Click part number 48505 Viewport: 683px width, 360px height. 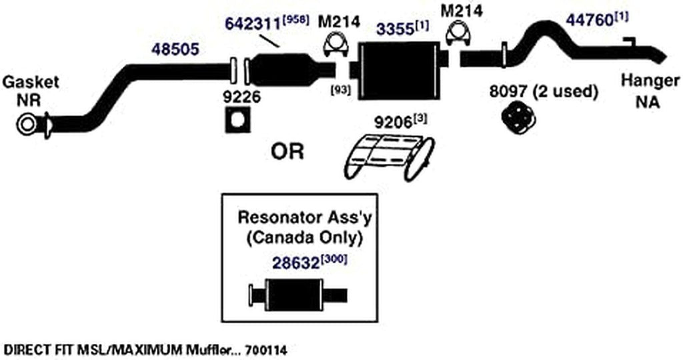[x=175, y=49]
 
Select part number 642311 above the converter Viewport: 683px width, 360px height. [x=253, y=23]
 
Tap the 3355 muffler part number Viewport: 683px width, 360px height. [x=395, y=29]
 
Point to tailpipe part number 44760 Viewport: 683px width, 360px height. [x=590, y=20]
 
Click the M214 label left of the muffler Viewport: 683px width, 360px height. [x=339, y=21]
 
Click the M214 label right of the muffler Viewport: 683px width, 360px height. [x=462, y=11]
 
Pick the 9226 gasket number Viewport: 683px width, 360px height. [x=241, y=97]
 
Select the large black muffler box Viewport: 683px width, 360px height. [x=398, y=71]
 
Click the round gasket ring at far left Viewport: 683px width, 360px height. [x=27, y=125]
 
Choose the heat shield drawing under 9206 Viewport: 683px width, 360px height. [x=389, y=157]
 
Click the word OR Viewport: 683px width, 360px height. [x=287, y=152]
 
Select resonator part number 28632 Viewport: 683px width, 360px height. [x=295, y=263]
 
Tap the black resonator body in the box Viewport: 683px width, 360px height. [x=294, y=295]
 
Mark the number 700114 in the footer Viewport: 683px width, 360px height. [x=265, y=349]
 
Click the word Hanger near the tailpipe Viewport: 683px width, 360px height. [x=650, y=81]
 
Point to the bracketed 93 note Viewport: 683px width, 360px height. [x=341, y=91]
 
